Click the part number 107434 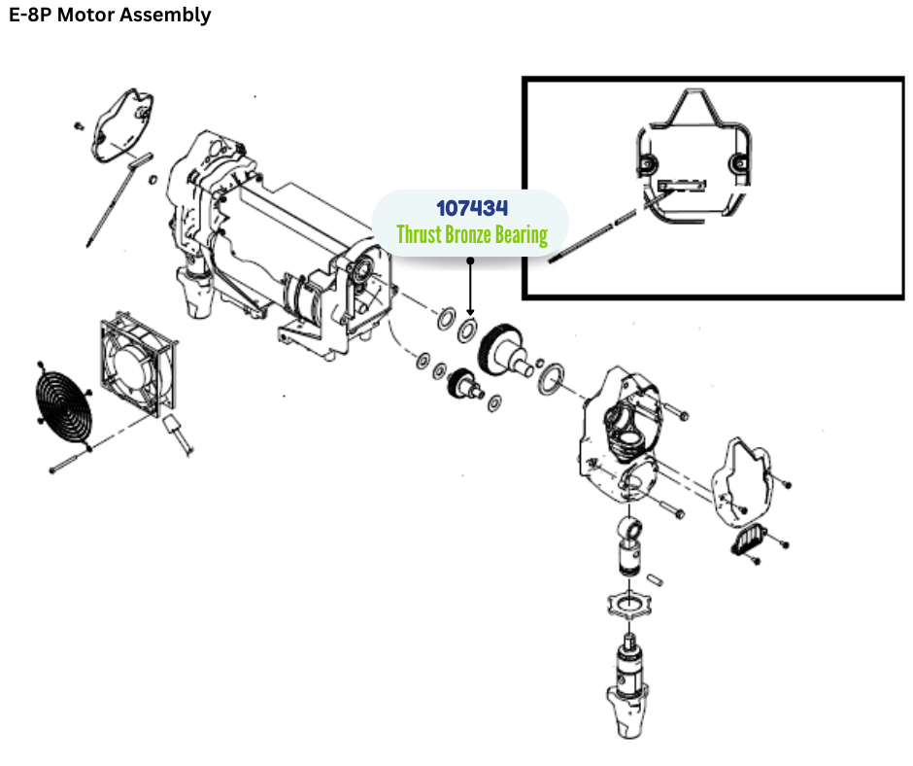(472, 208)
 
